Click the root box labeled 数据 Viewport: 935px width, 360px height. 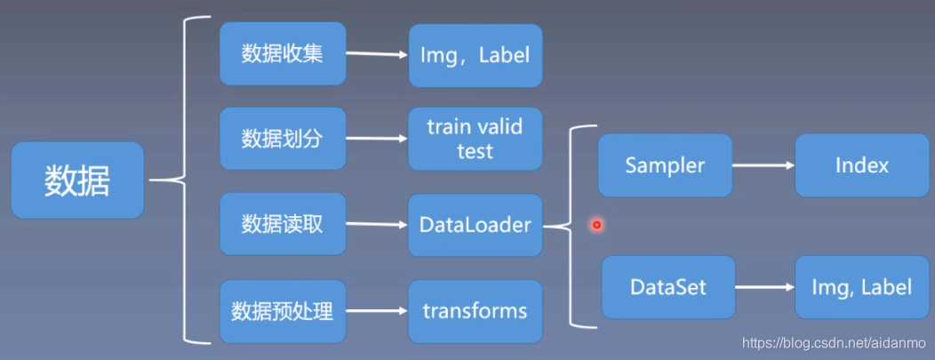coord(78,180)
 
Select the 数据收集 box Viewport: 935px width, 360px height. coord(283,54)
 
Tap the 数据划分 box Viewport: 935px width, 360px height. coord(283,139)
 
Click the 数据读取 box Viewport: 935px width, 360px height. coord(283,224)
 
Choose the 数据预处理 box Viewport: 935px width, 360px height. coord(283,311)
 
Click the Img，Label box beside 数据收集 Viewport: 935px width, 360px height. coord(475,55)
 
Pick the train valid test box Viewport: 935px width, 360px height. coord(475,139)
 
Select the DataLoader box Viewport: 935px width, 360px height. coord(475,225)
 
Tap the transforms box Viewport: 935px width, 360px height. coord(475,311)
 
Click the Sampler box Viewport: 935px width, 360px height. coord(665,165)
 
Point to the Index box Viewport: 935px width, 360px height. coord(861,165)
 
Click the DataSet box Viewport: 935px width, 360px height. coord(667,287)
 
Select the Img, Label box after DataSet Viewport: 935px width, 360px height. coord(861,287)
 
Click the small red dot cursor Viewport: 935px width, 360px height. coord(596,225)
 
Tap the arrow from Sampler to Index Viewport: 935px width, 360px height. coord(763,165)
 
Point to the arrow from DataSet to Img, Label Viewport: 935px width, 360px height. coord(764,288)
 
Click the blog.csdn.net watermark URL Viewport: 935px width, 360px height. coord(834,343)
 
